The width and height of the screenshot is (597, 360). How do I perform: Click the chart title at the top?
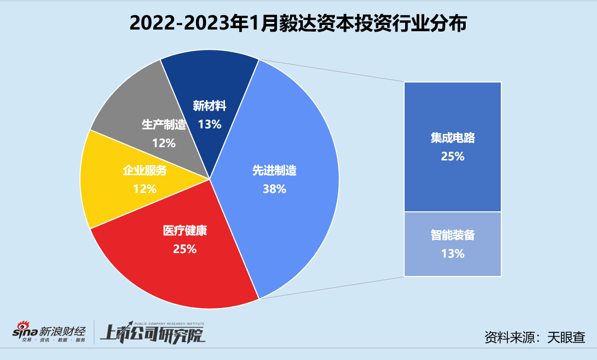[x=298, y=24]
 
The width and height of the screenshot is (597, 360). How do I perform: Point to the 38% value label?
[x=274, y=189]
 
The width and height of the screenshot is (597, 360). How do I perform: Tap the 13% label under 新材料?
[x=209, y=124]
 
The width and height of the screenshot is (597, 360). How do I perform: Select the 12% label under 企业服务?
[x=145, y=189]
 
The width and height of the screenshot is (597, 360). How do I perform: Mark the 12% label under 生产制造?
[x=163, y=143]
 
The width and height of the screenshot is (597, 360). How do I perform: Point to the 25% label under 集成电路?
[x=452, y=156]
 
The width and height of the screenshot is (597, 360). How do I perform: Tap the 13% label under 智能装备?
[x=452, y=253]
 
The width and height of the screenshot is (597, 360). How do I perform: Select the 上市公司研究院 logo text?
[x=152, y=335]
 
